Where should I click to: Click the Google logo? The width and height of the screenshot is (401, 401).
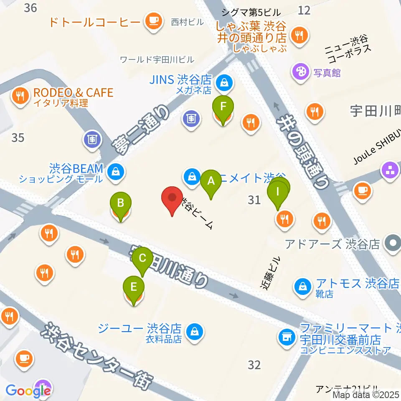tap(28, 391)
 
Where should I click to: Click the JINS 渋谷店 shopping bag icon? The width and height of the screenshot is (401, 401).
tap(225, 82)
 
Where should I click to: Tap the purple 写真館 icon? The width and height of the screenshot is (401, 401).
tap(300, 69)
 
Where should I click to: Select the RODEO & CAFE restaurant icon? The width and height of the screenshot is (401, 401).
tap(19, 96)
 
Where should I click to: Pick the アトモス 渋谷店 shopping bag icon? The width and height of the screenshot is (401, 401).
tap(301, 286)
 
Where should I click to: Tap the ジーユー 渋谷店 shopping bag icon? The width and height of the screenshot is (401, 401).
tap(195, 332)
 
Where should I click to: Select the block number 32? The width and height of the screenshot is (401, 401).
tap(254, 365)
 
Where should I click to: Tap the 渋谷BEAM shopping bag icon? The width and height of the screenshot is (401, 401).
tap(115, 171)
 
